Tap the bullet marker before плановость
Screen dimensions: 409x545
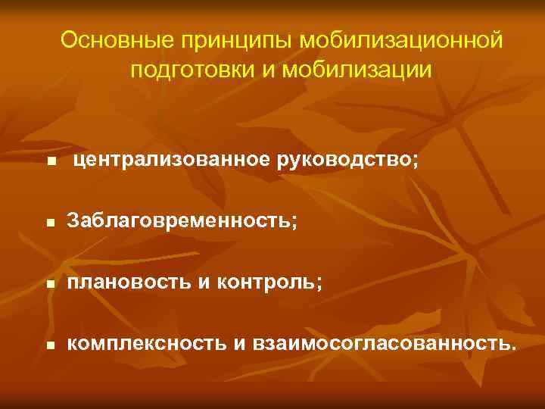50,285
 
